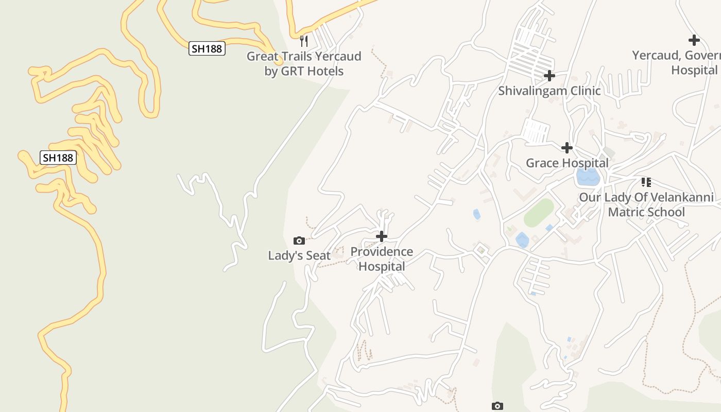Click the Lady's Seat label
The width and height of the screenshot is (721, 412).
coord(299,255)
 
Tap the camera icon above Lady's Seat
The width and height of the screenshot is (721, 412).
coord(299,241)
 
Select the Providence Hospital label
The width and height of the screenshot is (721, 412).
coord(382,259)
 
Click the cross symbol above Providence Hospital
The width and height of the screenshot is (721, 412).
coord(382,236)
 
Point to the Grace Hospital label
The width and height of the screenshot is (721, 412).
coord(567,163)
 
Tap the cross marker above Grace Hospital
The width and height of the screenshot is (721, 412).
coord(567,148)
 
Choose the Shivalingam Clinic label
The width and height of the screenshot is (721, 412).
coord(550,91)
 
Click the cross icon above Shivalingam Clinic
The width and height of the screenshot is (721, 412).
coord(550,76)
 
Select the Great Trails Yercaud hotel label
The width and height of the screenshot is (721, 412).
coord(304,63)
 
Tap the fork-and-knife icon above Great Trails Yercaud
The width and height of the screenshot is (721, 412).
coord(304,41)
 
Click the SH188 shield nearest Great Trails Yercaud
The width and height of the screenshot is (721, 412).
coord(207,49)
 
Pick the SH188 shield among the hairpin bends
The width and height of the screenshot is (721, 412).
coord(58,158)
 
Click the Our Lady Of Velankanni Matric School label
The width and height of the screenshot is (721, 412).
coord(646,205)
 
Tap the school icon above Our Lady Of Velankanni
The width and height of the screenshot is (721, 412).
coord(646,182)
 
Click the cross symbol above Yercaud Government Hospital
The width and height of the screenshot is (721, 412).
coord(694,40)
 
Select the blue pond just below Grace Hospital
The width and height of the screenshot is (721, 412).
coord(588,177)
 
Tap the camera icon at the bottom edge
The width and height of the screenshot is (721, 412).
coord(497,406)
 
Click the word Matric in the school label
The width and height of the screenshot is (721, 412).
coord(628,212)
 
